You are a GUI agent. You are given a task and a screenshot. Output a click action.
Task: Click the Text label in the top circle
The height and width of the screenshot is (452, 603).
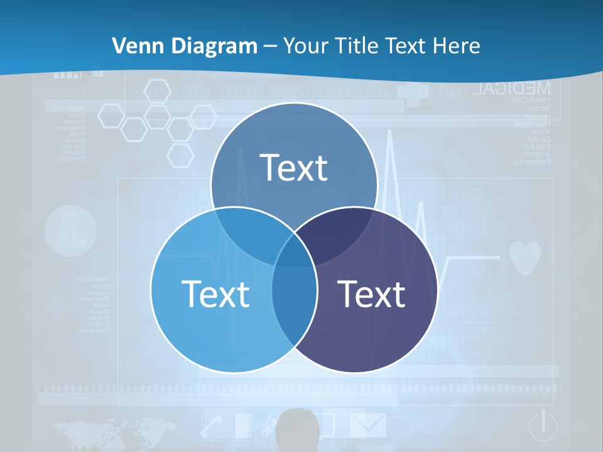click(x=294, y=168)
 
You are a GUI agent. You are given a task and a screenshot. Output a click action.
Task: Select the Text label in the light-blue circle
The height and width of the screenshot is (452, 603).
click(x=215, y=293)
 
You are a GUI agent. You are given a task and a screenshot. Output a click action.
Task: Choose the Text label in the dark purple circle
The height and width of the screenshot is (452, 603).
click(x=371, y=293)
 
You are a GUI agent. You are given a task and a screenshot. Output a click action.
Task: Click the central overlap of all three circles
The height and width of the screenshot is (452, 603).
click(x=294, y=251)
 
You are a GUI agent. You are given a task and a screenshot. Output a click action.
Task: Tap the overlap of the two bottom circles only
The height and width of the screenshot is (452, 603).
click(x=294, y=301)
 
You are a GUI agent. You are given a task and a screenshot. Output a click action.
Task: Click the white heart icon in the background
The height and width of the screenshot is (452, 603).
click(x=524, y=258)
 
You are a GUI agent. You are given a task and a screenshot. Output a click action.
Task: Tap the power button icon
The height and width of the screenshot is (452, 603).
click(x=543, y=427)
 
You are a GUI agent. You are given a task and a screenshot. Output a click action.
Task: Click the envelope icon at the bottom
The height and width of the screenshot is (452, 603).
click(x=368, y=424)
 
